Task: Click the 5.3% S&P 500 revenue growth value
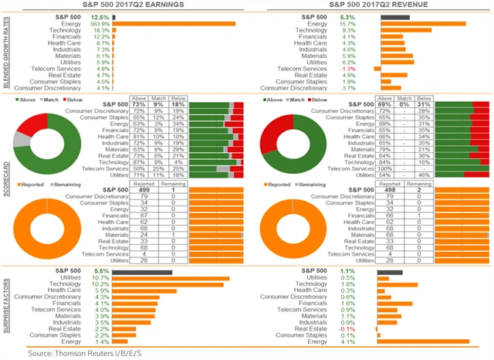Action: tap(367, 15)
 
